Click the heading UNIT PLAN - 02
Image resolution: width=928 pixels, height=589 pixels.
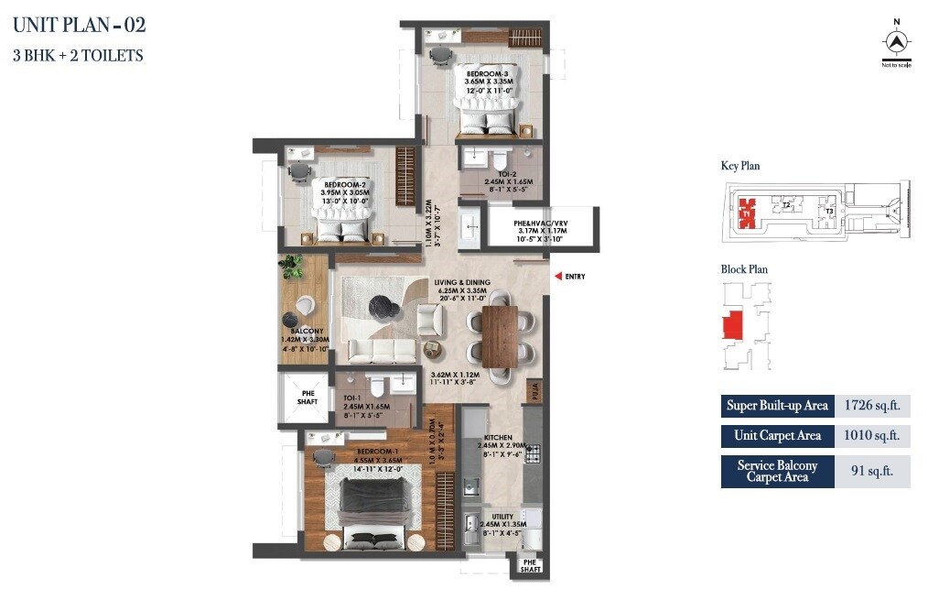[79, 24]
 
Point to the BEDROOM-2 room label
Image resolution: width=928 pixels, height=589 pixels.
[345, 184]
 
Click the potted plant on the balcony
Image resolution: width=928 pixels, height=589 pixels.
[292, 267]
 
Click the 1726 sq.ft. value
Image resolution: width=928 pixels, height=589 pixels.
[872, 405]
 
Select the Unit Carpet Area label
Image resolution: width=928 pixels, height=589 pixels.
[777, 436]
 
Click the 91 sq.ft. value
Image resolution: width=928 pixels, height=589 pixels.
[872, 472]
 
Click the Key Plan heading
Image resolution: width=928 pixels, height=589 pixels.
[739, 166]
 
